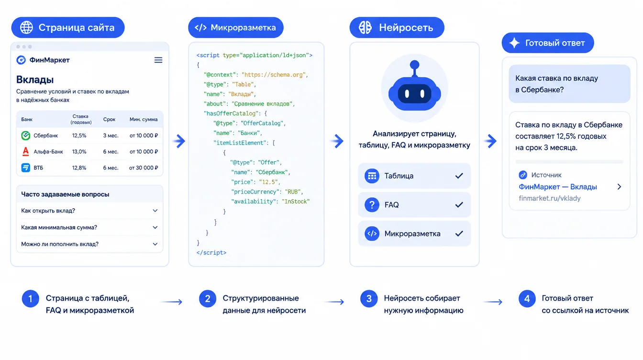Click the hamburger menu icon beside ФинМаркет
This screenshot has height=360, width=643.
(158, 60)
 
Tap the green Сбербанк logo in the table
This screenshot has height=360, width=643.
(25, 135)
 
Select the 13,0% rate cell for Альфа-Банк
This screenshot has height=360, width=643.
(79, 151)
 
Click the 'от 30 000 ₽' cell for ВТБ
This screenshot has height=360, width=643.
(144, 168)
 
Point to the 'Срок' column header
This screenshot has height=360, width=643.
(109, 119)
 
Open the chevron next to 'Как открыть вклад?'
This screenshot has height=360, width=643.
(155, 211)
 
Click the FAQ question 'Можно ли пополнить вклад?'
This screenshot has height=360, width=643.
(60, 244)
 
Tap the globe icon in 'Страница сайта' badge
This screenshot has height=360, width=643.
(26, 28)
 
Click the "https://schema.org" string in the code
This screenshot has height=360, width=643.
(274, 75)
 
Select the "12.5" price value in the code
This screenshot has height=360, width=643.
(268, 182)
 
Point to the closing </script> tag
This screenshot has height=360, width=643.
(211, 253)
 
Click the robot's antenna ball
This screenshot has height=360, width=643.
(414, 65)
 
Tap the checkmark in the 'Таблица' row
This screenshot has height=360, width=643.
(459, 176)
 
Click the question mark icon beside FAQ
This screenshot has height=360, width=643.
(372, 204)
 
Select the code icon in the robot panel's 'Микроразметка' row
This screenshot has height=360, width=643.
(372, 234)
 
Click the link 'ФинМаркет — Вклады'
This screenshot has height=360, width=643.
(558, 187)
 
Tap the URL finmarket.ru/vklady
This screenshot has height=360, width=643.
(550, 198)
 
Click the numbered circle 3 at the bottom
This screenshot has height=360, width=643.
(369, 299)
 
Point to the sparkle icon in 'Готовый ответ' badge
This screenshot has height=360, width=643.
(514, 43)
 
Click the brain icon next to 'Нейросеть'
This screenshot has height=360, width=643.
(365, 28)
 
